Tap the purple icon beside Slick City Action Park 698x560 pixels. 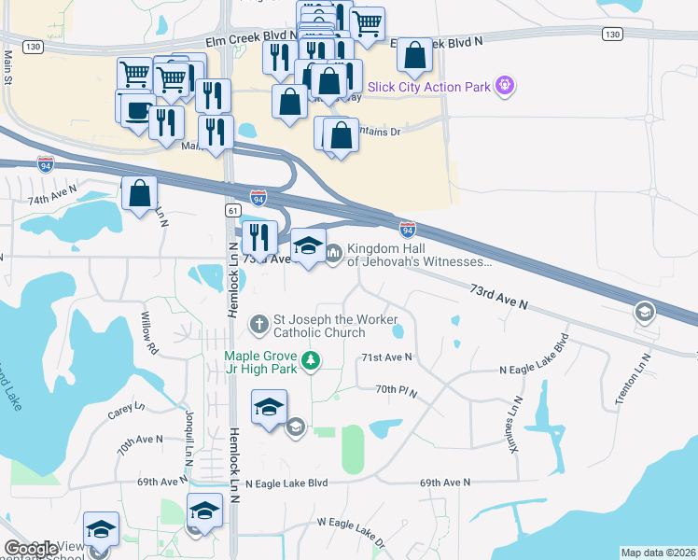(x=506, y=86)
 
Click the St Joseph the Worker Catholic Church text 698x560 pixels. (x=333, y=326)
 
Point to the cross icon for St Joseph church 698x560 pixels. (x=259, y=326)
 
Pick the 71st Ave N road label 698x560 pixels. (x=386, y=357)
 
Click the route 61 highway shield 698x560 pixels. (x=230, y=212)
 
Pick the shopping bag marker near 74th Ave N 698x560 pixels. (x=139, y=194)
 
